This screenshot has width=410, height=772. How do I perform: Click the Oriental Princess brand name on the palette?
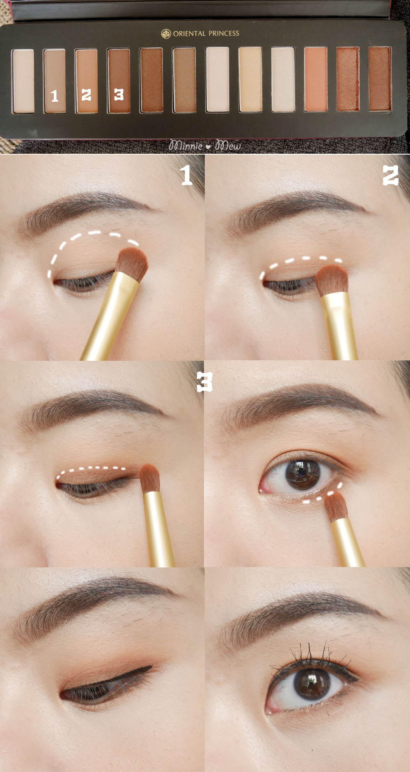tap(206, 34)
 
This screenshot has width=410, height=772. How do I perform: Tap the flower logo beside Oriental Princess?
tap(166, 34)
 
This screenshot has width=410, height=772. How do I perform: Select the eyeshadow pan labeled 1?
tap(55, 81)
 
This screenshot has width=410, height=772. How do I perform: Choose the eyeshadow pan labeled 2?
tap(86, 81)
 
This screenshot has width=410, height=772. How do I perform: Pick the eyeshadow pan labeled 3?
tap(119, 81)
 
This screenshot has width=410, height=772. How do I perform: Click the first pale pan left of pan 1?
tap(23, 81)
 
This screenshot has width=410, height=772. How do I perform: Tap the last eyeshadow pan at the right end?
tap(380, 79)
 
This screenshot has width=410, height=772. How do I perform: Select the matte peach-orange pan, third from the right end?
tap(316, 79)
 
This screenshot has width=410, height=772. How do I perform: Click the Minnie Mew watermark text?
tap(205, 145)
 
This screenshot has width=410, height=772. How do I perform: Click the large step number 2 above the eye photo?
tap(390, 175)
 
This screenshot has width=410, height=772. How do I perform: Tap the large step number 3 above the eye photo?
tap(204, 382)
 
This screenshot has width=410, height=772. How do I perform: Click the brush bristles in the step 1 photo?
tap(133, 264)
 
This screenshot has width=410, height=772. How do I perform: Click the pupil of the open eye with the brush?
tap(302, 474)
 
